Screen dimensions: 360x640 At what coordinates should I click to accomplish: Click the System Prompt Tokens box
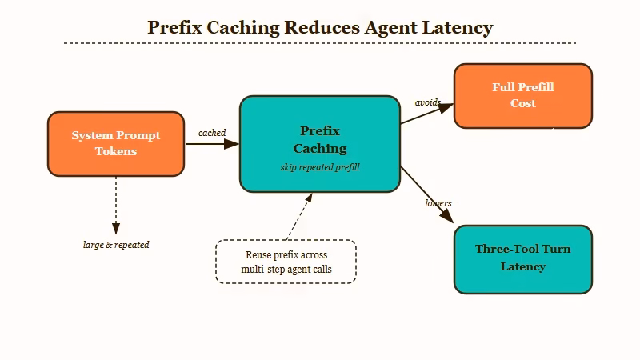[x=116, y=144]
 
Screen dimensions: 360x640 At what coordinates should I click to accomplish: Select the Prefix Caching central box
[x=320, y=144]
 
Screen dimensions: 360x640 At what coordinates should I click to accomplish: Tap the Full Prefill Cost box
[x=523, y=96]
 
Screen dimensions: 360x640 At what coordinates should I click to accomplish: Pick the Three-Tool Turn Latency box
[x=523, y=258]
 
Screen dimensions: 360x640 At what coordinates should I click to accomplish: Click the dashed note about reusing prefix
[x=286, y=262]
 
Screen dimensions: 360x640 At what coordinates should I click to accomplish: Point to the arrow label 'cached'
[x=212, y=133]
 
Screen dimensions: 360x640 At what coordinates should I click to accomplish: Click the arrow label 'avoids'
[x=428, y=102]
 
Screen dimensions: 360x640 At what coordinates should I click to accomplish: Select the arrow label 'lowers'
[x=438, y=203]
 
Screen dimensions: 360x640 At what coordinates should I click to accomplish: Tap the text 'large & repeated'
[x=116, y=245]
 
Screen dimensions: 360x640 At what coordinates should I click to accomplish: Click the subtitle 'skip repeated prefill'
[x=320, y=167]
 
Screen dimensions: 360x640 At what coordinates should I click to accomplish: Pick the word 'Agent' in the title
[x=387, y=27]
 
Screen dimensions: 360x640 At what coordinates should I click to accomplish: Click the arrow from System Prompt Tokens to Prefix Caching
[x=212, y=144]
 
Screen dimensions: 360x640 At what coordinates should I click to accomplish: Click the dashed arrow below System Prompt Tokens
[x=116, y=204]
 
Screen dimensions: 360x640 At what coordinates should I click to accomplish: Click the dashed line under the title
[x=320, y=43]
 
